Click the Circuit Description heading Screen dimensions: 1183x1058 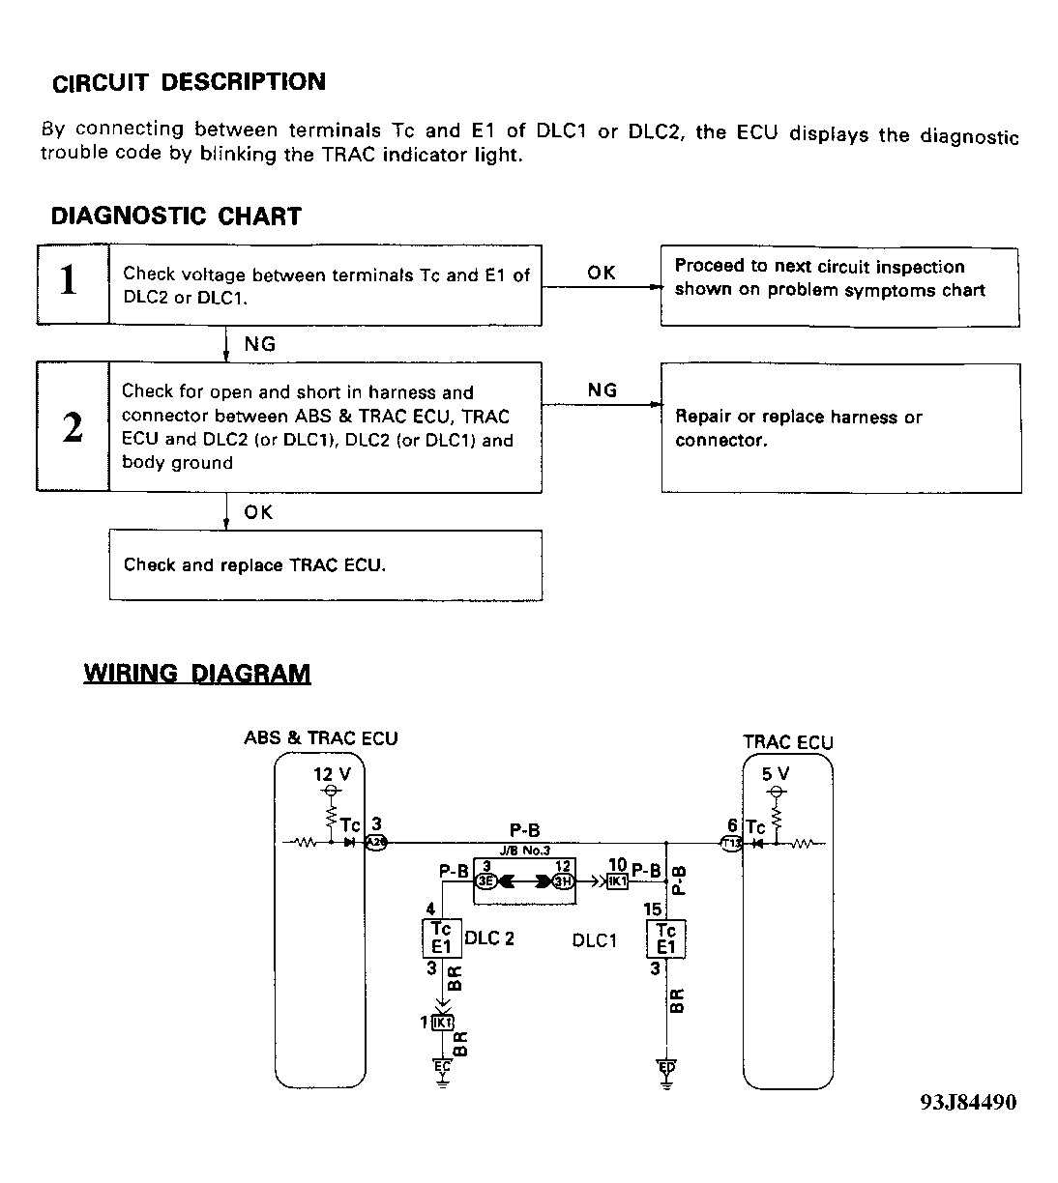(189, 82)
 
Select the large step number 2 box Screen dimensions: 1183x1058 (72, 427)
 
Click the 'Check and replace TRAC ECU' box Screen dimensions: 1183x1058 (325, 565)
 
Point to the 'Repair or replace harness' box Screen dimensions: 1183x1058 (839, 428)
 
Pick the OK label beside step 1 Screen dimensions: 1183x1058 (601, 273)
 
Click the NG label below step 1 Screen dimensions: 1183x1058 (259, 343)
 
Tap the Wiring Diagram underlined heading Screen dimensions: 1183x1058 (197, 674)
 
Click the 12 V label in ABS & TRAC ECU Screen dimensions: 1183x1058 (332, 774)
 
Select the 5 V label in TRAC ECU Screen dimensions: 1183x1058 (775, 773)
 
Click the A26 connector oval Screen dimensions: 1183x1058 (376, 843)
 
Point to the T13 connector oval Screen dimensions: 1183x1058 (732, 843)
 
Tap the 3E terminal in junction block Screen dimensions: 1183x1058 (485, 880)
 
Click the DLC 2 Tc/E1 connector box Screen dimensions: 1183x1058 (441, 938)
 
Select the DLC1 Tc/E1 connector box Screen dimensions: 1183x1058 (666, 938)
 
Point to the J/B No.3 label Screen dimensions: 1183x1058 (524, 850)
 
